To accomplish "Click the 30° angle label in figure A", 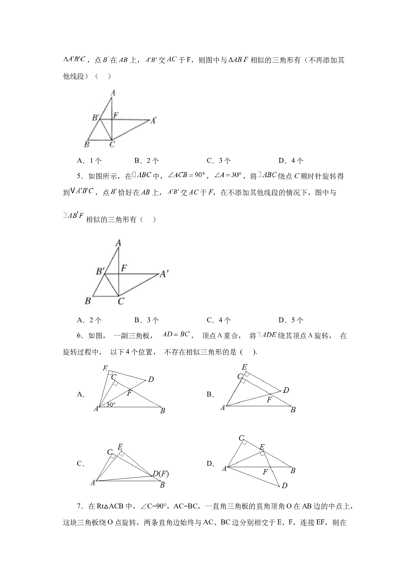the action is pos(111,405).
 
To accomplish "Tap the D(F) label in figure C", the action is pos(161,473).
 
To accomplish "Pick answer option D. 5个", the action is pos(291,320).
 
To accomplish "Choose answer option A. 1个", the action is pos(89,161).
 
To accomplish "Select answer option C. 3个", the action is pos(218,161).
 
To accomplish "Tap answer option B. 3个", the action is pos(147,320).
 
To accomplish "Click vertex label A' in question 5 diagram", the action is pos(164,274).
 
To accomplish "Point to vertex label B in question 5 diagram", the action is pos(88,301).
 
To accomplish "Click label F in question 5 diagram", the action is pos(124,268).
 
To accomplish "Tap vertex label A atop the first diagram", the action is pos(113,93).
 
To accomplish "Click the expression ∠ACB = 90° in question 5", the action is pos(186,175).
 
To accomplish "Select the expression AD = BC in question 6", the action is pos(176,334).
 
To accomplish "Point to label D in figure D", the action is pos(284,485).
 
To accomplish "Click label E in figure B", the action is pos(244,367).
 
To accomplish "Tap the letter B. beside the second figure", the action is pos(210,395).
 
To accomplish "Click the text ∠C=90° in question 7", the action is pos(154,506).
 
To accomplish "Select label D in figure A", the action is pos(151,379).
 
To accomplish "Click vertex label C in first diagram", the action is pos(112,145).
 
